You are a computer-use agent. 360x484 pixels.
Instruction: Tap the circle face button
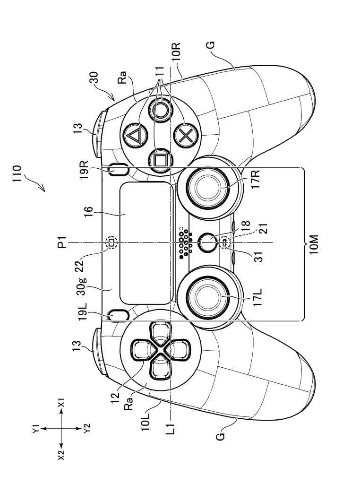point(159,111)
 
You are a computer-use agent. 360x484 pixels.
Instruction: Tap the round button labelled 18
point(206,242)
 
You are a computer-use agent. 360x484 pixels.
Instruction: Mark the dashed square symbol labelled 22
point(112,242)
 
